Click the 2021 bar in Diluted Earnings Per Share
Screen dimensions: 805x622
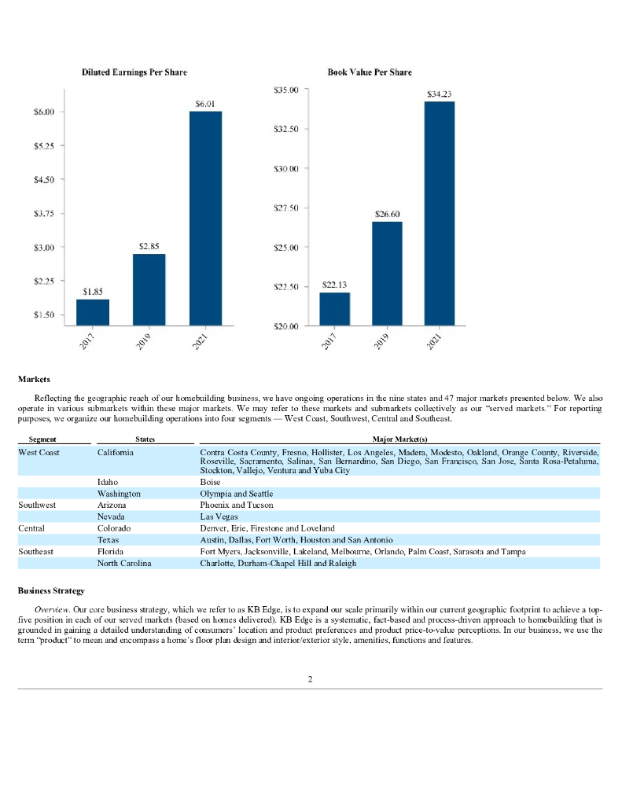coord(205,218)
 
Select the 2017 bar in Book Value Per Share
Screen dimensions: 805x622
coord(334,309)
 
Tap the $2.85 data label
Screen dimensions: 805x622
coord(149,246)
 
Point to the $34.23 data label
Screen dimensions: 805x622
coord(439,94)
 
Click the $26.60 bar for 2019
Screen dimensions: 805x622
coord(387,273)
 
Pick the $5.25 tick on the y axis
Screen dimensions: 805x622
coord(43,146)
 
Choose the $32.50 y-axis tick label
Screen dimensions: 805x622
coord(286,130)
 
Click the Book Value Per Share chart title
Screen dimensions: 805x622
coord(370,72)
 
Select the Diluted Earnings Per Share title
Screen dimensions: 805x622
coord(134,72)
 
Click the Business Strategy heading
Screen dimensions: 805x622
coord(51,589)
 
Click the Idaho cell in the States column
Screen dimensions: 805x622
coord(108,481)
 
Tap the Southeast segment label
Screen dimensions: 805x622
coord(36,552)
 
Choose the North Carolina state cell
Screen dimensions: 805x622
coord(123,564)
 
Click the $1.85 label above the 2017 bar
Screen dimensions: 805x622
coord(93,292)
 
